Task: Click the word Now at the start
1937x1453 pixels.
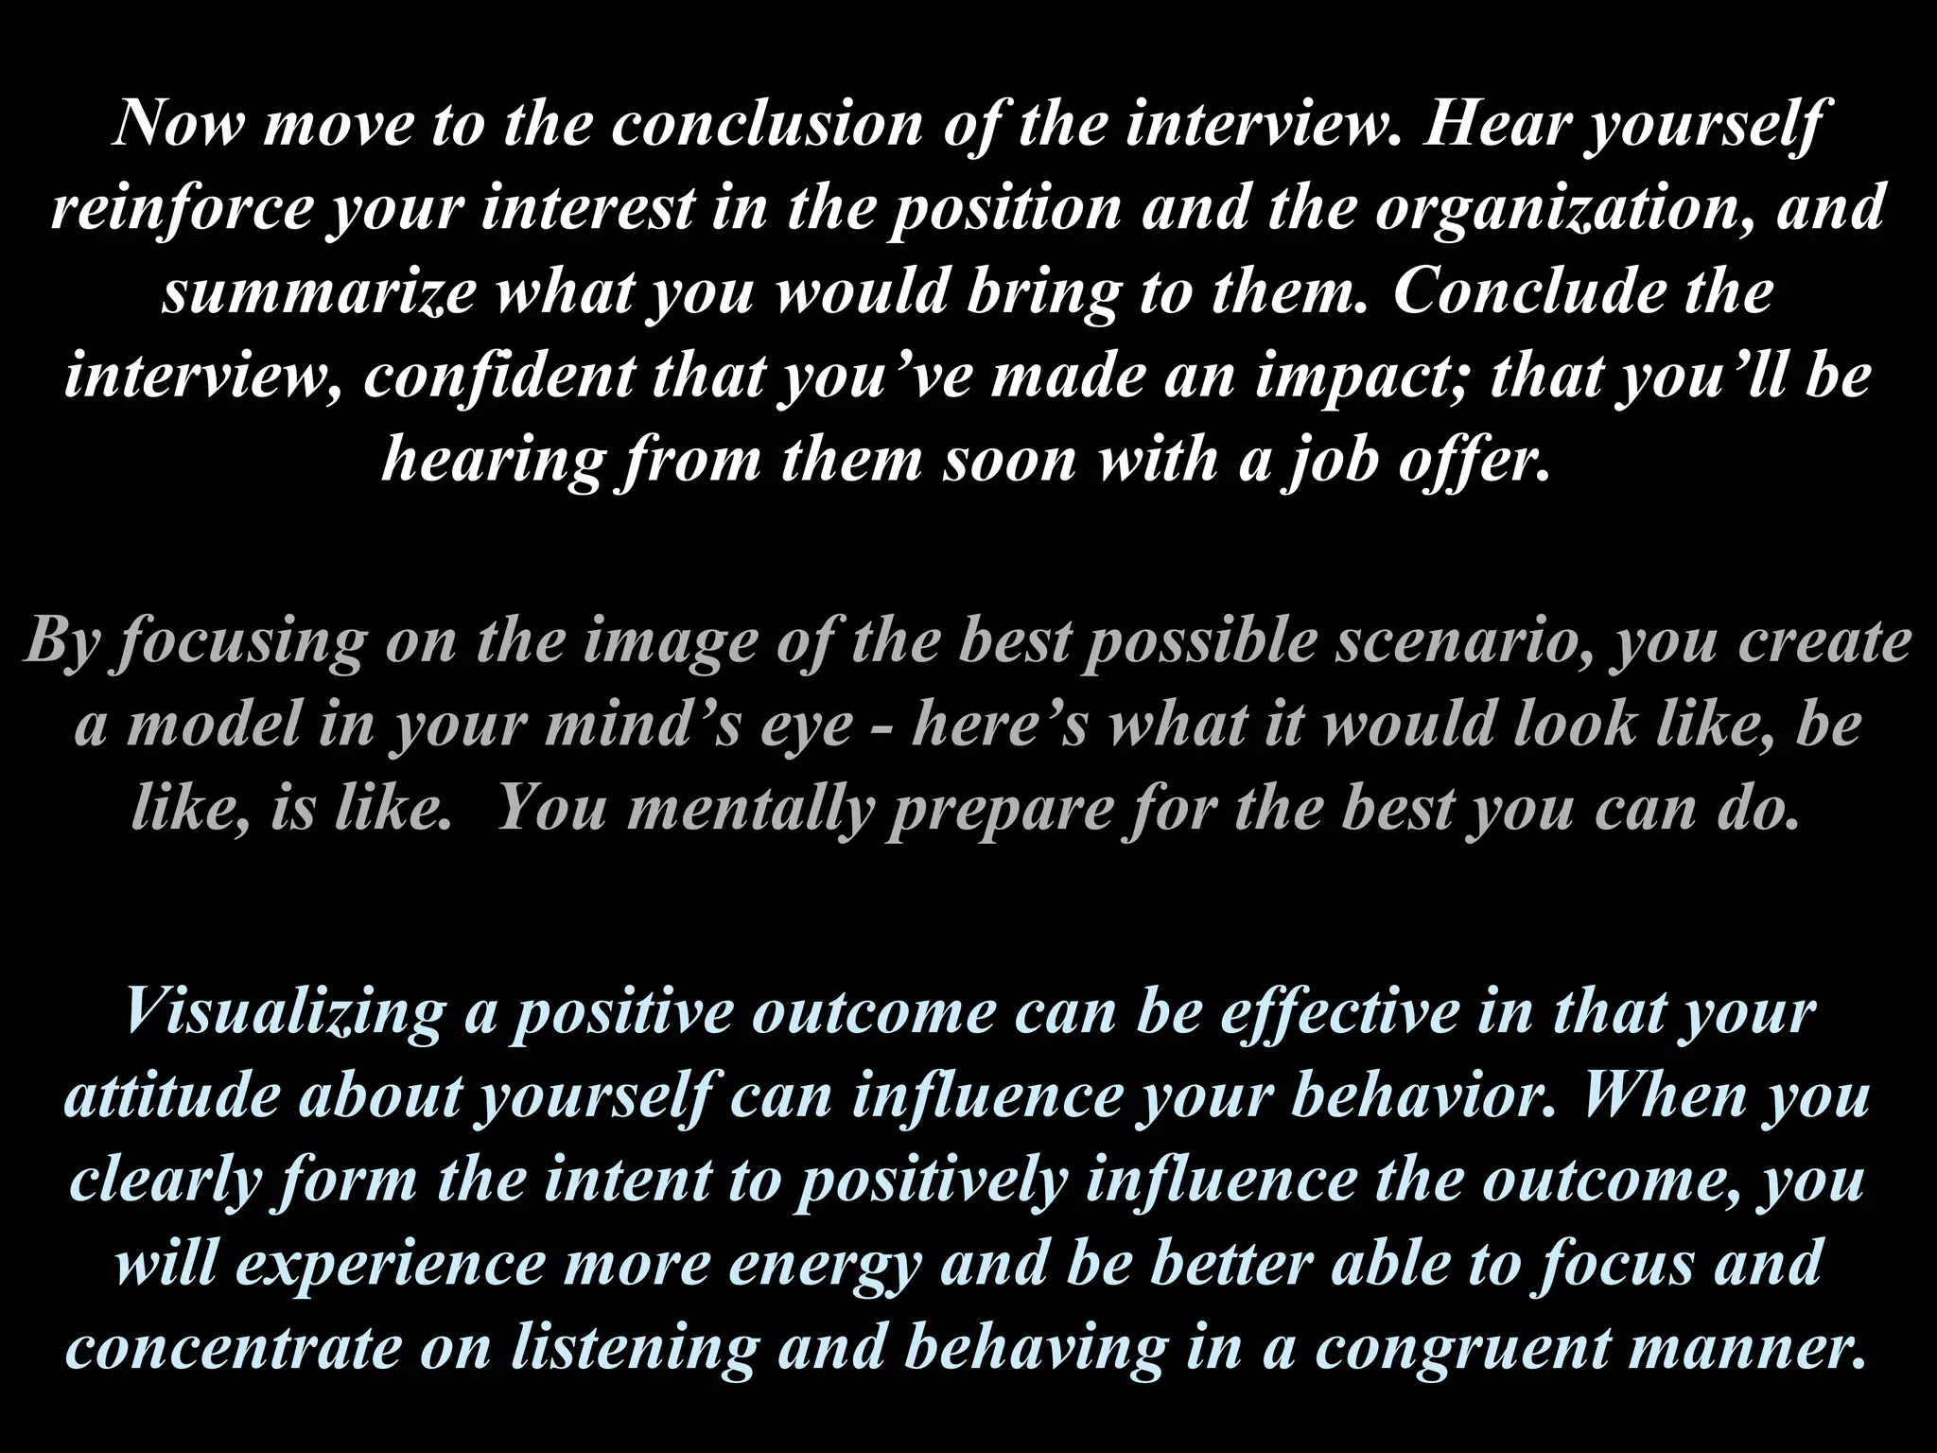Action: coord(178,124)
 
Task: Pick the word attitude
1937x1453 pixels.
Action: coord(171,1095)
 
